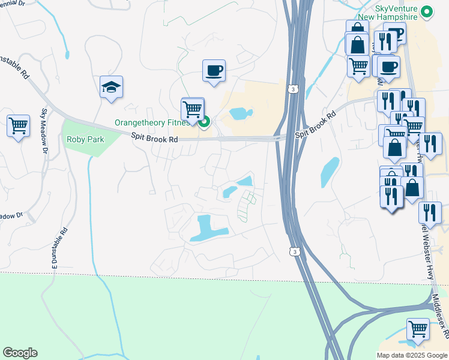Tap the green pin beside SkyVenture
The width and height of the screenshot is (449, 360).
tap(427, 11)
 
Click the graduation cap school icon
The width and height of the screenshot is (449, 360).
tap(111, 87)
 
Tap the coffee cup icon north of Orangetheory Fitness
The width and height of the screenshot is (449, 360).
tap(214, 71)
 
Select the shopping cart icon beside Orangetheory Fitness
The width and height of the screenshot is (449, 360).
tap(192, 109)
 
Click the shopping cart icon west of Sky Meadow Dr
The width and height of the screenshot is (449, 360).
tap(18, 125)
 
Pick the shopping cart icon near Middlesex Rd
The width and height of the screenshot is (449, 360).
tap(418, 329)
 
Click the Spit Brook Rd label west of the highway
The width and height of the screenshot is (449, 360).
tap(155, 139)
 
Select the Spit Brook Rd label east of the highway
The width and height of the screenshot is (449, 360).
tap(315, 124)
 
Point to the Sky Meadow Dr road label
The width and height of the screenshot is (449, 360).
tap(44, 131)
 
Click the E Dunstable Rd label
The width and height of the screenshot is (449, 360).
tap(62, 247)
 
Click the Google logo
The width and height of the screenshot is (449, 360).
tap(20, 353)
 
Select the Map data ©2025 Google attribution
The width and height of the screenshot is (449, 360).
tap(412, 355)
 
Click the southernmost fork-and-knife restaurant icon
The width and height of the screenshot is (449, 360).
tap(430, 212)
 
